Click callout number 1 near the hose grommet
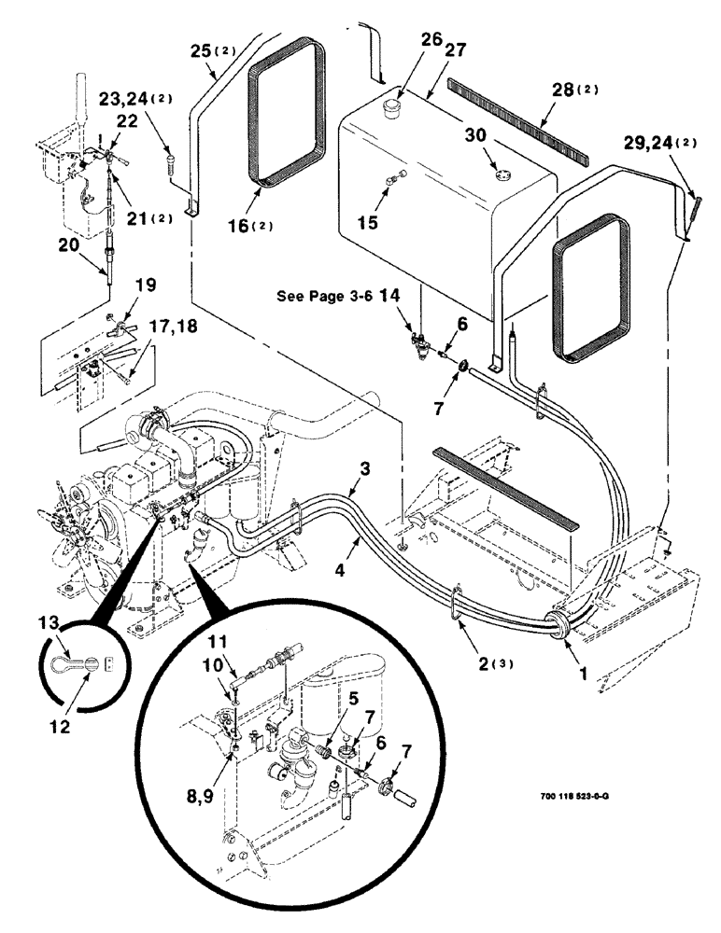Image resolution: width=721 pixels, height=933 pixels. (584, 669)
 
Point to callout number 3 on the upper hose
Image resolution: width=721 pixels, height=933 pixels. (366, 466)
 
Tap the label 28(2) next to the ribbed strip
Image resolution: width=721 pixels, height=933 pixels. (574, 90)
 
